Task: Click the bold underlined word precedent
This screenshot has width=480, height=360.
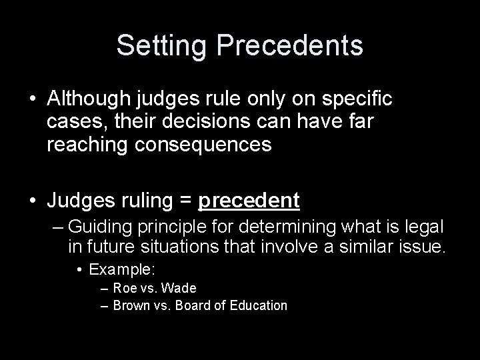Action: pyautogui.click(x=249, y=200)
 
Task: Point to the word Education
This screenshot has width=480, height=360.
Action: pyautogui.click(x=257, y=306)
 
